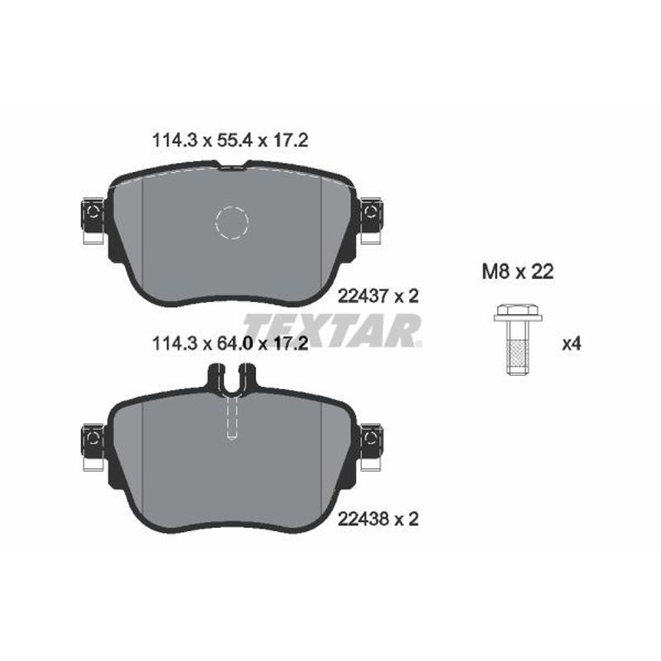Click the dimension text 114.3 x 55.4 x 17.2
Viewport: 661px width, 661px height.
tap(231, 140)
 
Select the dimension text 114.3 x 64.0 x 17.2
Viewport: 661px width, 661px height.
tap(231, 344)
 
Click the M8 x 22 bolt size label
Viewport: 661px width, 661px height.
tap(518, 272)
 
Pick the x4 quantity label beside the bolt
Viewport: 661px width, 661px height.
tap(572, 345)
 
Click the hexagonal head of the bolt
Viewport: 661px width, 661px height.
tap(518, 313)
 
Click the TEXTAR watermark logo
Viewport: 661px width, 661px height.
tap(332, 330)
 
